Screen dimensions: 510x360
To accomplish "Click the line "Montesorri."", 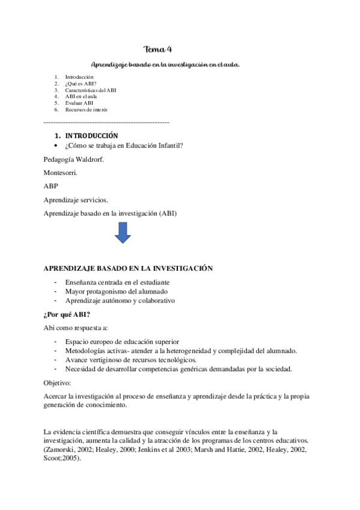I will (x=61, y=173).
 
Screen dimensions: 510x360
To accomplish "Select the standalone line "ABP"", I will (x=52, y=186).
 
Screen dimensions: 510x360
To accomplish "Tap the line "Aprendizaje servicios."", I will (x=76, y=200).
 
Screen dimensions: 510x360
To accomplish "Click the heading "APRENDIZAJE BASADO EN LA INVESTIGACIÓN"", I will (x=129, y=268).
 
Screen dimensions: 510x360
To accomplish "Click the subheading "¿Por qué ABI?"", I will (x=67, y=314).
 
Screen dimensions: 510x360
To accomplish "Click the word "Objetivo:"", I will (x=57, y=382).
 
